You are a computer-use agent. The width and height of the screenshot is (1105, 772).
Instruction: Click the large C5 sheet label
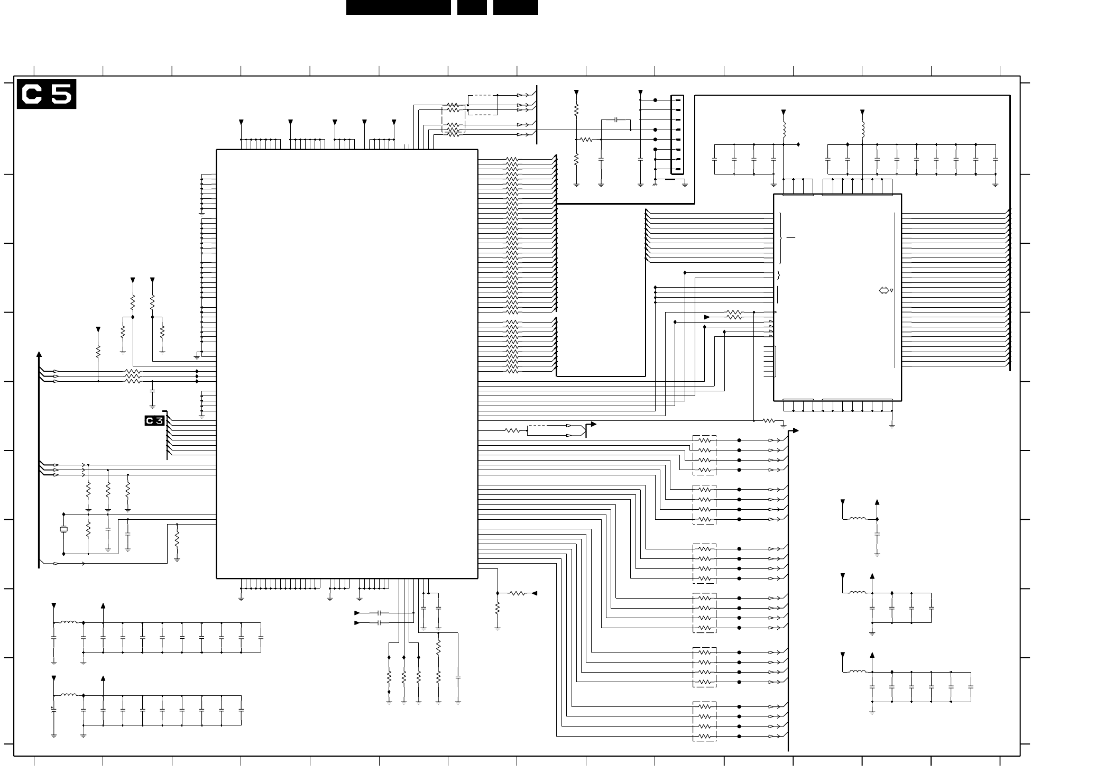(47, 94)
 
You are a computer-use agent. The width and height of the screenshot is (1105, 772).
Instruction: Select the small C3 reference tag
(154, 421)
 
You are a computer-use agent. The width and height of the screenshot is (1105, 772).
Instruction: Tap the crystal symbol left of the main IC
(64, 529)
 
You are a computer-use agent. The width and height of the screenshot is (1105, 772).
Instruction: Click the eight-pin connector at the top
(677, 135)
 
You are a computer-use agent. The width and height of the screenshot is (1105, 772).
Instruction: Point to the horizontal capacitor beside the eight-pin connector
(616, 120)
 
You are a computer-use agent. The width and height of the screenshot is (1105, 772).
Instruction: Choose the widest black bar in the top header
(398, 7)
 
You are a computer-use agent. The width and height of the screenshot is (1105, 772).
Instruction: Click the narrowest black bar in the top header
(472, 7)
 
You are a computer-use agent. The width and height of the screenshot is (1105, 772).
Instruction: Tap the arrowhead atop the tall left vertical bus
(39, 354)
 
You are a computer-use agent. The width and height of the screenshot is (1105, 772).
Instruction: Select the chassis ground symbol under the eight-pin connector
(656, 185)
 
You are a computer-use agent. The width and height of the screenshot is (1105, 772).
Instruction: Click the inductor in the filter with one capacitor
(858, 519)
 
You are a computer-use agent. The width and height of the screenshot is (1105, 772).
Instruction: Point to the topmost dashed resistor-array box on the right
(704, 455)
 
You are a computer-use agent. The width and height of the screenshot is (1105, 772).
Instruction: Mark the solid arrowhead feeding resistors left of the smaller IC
(707, 317)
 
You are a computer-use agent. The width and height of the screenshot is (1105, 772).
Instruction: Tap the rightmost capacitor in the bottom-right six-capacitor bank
(971, 687)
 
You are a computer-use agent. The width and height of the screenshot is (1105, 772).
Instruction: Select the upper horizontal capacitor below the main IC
(379, 613)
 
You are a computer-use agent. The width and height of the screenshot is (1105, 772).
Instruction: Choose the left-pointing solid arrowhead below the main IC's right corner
(534, 593)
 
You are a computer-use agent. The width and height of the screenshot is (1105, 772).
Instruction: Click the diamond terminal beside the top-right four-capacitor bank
(798, 144)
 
